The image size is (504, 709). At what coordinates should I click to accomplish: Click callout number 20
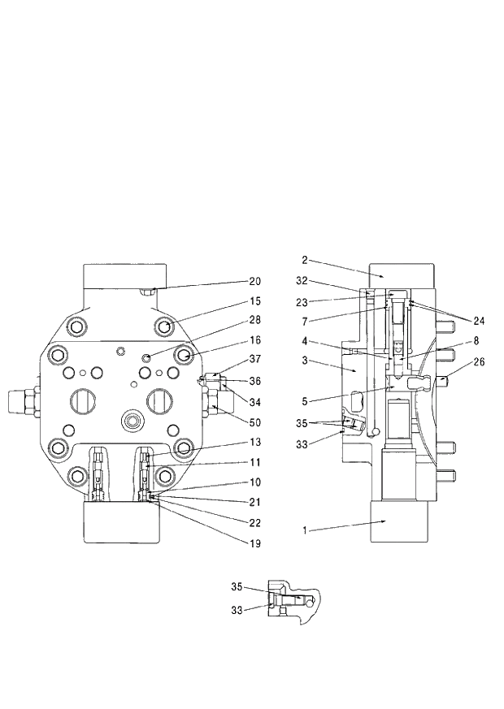click(255, 281)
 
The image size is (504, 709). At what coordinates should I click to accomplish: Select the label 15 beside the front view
click(255, 302)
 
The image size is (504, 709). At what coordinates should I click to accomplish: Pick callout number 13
click(255, 443)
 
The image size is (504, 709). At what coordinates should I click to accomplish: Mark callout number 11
click(255, 463)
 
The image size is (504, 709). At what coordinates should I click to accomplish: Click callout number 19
click(255, 543)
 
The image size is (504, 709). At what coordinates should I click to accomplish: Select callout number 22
click(255, 523)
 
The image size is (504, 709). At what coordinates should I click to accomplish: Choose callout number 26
click(479, 362)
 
